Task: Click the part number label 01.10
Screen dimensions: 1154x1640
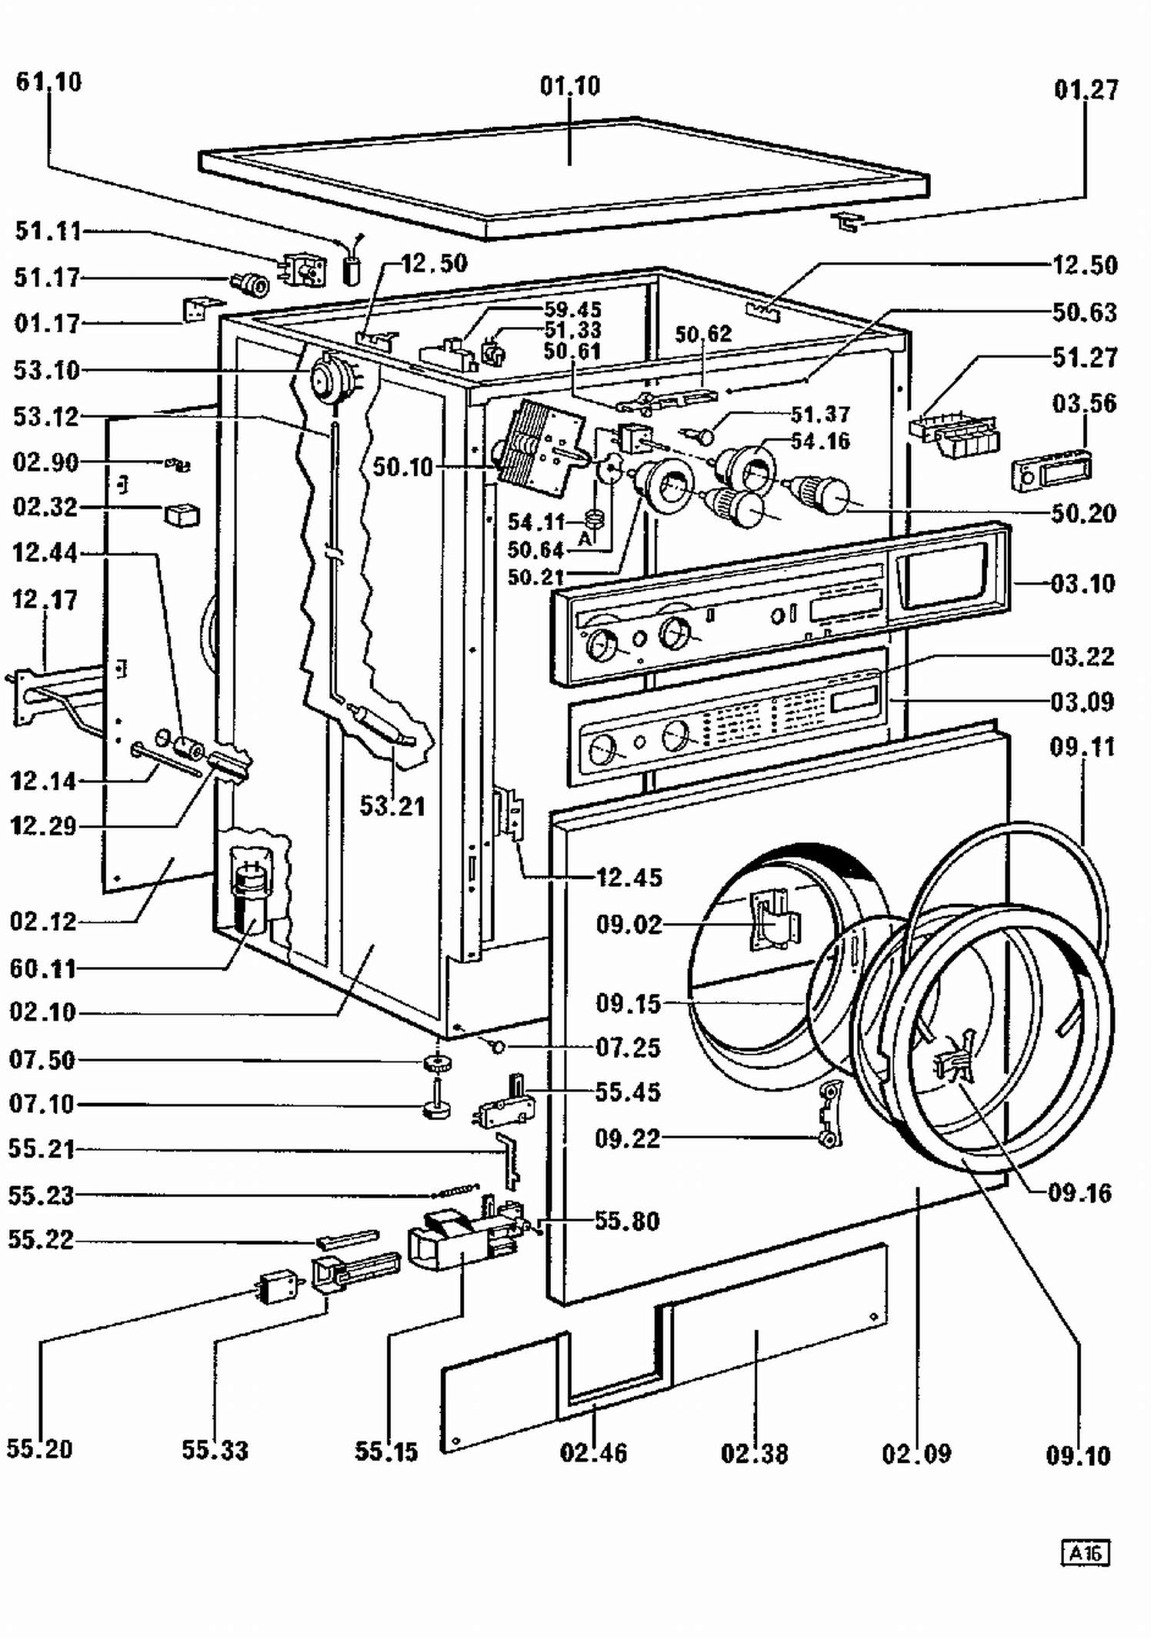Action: (x=569, y=85)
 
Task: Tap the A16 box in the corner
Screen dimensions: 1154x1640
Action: (x=1086, y=1553)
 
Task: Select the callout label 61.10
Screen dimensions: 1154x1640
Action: (x=48, y=82)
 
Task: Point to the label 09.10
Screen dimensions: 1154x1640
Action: (x=1078, y=1455)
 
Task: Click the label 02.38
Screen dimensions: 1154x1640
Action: (x=754, y=1453)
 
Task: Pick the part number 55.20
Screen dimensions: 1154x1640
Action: (x=39, y=1448)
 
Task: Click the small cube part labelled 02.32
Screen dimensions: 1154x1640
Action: (x=182, y=515)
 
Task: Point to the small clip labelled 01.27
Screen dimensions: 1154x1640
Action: (x=847, y=223)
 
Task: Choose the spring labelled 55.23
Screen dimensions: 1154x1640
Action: (x=455, y=1190)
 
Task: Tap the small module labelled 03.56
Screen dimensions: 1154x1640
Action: (x=1051, y=466)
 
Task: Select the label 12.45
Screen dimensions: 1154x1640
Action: (x=629, y=877)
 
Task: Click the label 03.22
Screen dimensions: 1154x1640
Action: (x=1082, y=656)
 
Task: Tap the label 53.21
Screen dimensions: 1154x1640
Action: (x=392, y=805)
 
